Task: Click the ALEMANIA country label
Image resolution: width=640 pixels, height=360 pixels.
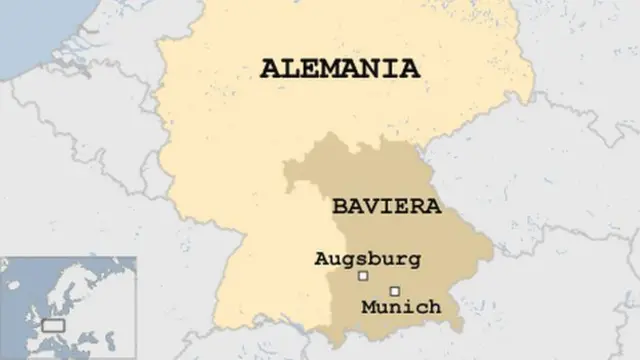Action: click(x=339, y=69)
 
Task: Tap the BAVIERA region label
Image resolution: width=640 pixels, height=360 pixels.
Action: click(x=372, y=207)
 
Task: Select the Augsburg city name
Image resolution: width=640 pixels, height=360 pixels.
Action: click(x=367, y=258)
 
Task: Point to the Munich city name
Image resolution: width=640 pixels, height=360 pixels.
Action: click(x=401, y=307)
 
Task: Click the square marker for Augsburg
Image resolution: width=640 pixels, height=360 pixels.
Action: click(x=364, y=275)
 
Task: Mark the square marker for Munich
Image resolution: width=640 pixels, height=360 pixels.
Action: click(x=394, y=291)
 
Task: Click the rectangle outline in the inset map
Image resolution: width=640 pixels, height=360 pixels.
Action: click(x=53, y=326)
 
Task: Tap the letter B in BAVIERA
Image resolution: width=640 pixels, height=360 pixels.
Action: click(x=339, y=207)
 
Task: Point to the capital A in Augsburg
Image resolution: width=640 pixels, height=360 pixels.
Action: click(x=321, y=258)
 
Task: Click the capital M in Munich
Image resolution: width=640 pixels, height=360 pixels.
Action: click(x=369, y=306)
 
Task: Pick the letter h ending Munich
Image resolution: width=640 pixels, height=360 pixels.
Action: click(x=434, y=306)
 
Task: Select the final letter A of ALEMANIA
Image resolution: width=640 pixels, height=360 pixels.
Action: click(x=409, y=69)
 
